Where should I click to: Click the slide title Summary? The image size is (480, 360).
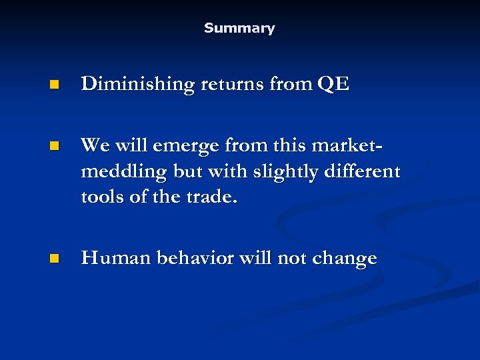point(239,28)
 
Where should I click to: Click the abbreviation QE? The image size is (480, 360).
point(333,85)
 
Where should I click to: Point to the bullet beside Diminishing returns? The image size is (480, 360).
point(53,85)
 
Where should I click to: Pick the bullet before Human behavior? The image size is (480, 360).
point(53,259)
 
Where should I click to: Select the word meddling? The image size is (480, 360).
point(123,171)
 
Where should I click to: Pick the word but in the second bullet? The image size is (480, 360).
point(187,171)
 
